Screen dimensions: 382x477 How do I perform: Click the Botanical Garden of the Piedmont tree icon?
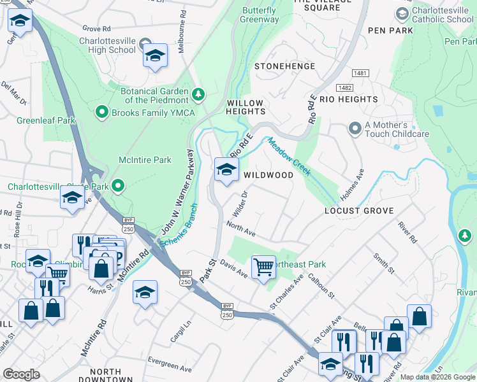pos(199,95)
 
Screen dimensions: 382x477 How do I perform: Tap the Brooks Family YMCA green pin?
pos(101,113)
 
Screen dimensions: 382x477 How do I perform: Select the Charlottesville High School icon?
pos(155,56)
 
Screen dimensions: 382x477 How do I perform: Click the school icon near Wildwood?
pos(226,170)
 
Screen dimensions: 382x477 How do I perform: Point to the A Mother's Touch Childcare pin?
pos(355,129)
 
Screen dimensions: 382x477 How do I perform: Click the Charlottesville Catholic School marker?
pos(402,13)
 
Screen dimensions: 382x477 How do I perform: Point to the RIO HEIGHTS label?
pos(349,99)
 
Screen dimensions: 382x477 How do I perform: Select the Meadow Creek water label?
pos(289,158)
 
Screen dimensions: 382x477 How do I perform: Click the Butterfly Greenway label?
pos(259,15)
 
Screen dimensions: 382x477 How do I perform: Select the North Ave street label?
pos(240,229)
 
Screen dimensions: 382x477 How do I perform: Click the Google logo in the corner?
pos(21,374)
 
